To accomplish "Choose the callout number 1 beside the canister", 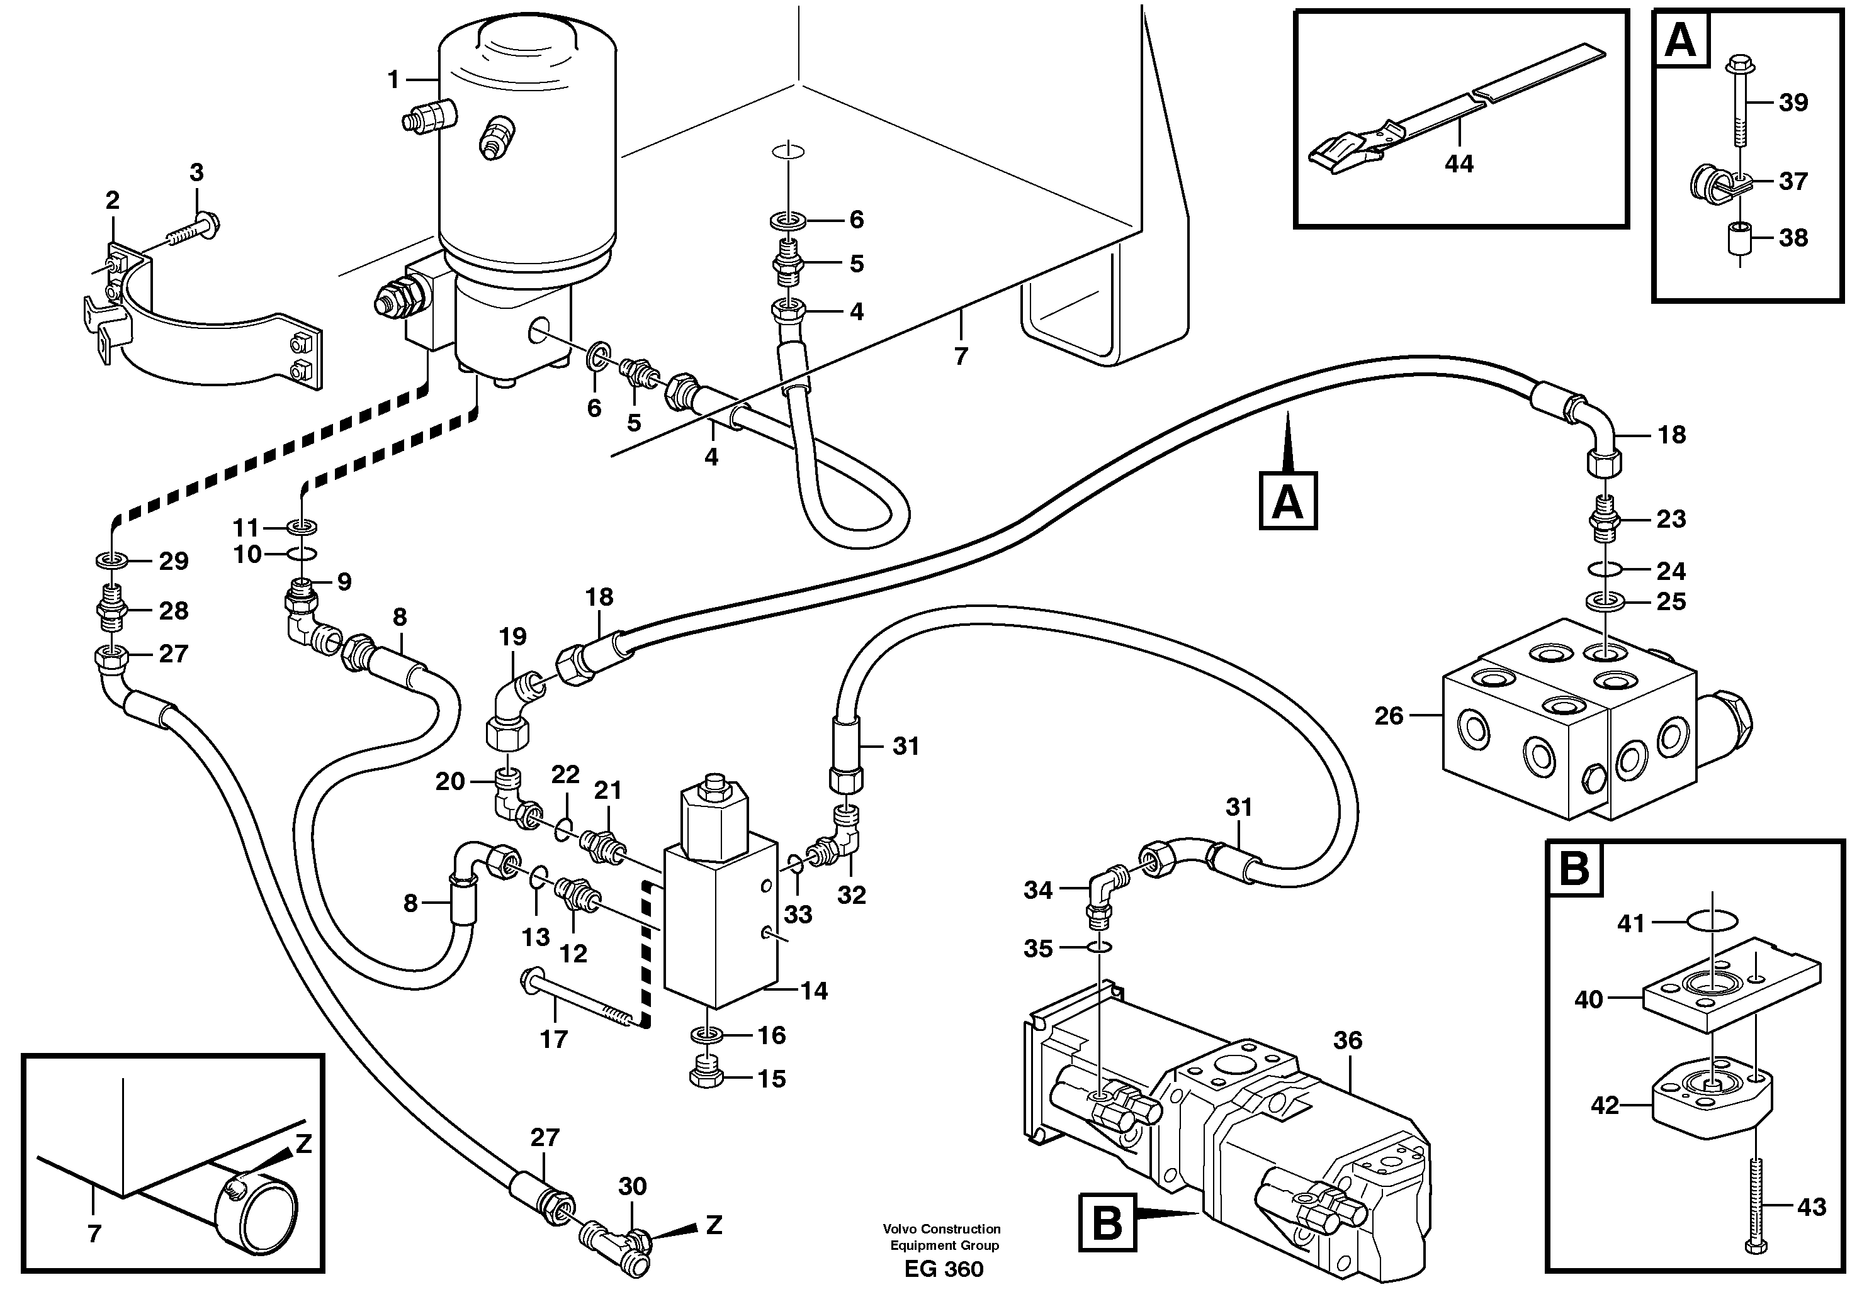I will [x=393, y=79].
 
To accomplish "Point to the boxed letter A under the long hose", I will [x=1287, y=502].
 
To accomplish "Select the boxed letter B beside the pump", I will [x=1107, y=1223].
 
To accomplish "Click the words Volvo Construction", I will [x=942, y=1228].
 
